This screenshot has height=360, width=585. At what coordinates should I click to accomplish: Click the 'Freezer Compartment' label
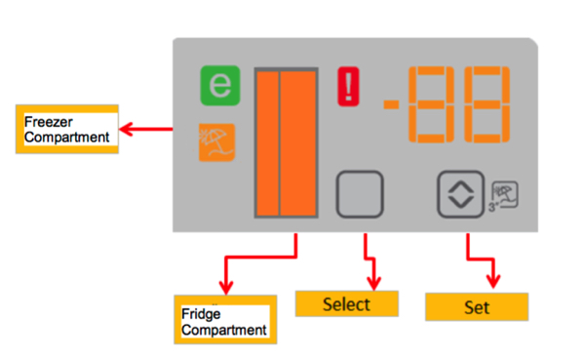(x=66, y=129)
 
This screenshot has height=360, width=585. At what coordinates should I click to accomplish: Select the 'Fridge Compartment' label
(x=222, y=322)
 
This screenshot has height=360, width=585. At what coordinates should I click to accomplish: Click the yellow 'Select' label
(x=346, y=304)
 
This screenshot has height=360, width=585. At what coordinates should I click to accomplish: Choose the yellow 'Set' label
(x=476, y=307)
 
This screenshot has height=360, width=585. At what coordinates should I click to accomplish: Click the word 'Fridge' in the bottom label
(x=203, y=314)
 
